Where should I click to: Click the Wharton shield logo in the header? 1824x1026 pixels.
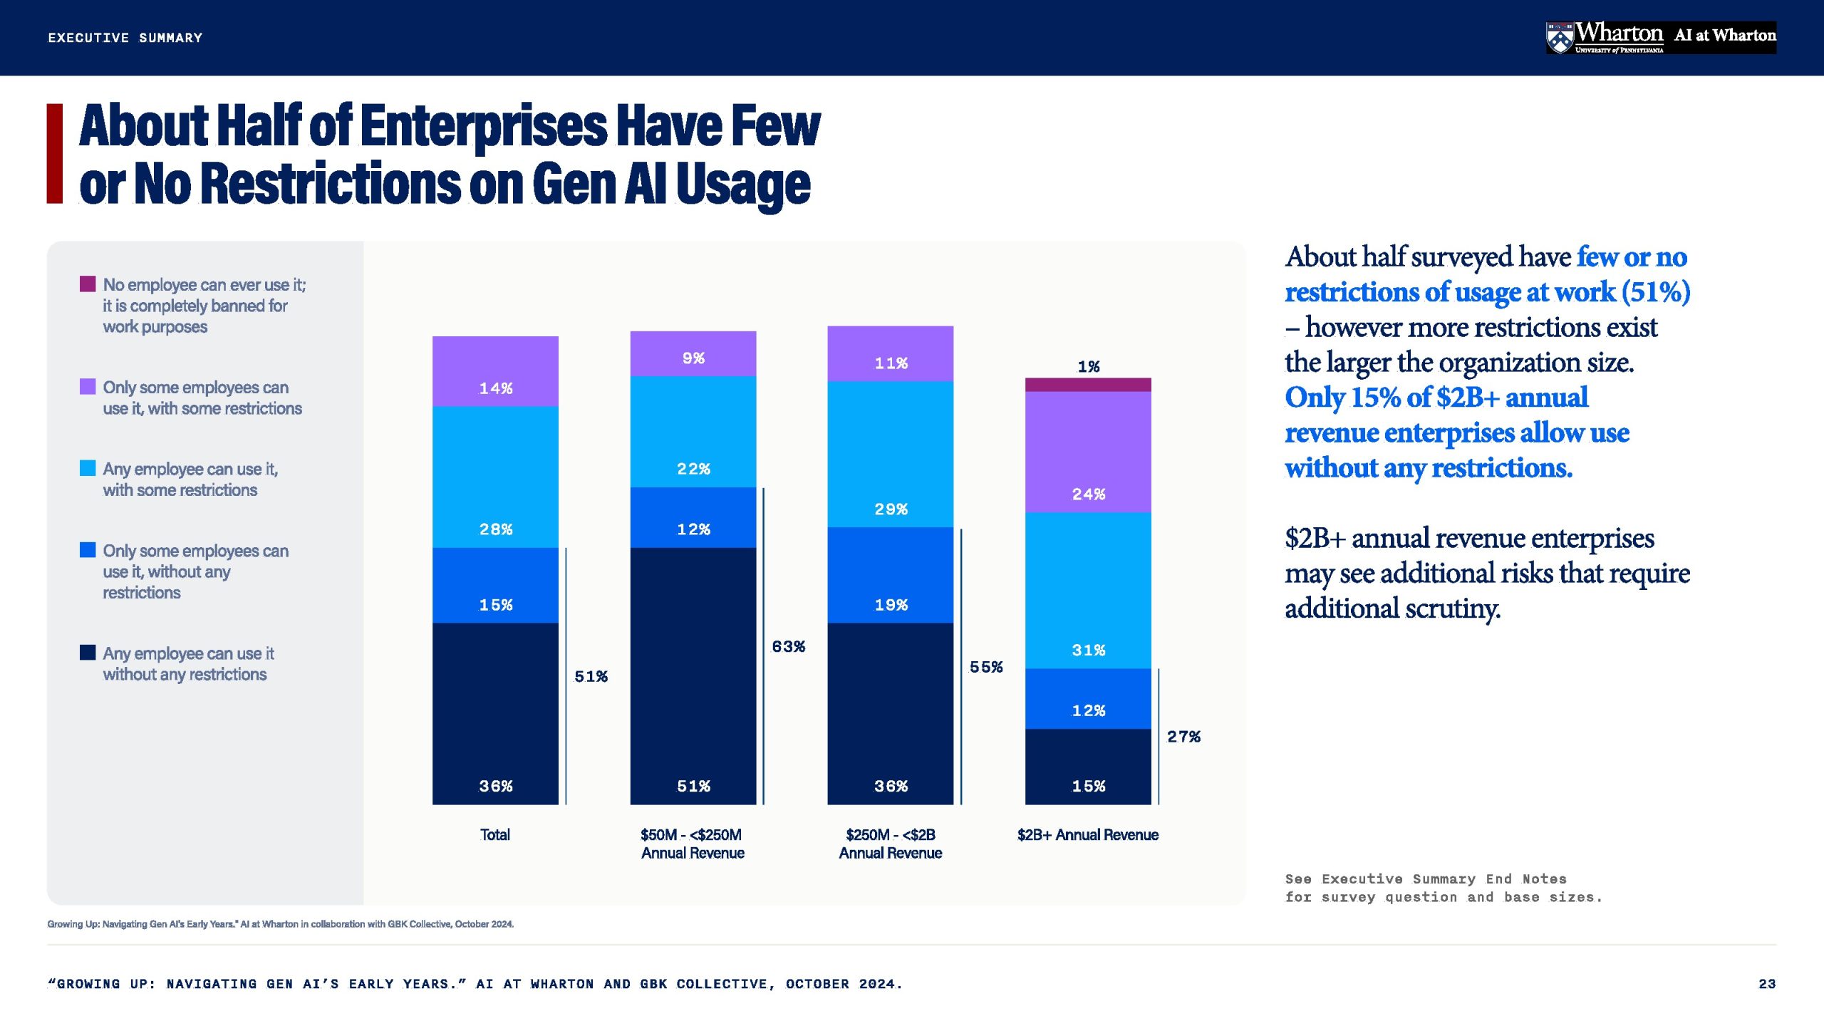(1560, 38)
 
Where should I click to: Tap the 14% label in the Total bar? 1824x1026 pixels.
(496, 388)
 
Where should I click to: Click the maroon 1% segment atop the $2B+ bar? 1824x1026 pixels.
(1088, 385)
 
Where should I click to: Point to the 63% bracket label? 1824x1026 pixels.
(789, 646)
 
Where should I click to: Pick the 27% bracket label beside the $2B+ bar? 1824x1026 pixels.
(1183, 736)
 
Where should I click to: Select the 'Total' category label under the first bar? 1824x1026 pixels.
(495, 834)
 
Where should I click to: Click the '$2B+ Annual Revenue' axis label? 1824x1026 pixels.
(1088, 834)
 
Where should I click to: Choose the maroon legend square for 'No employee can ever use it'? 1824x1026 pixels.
(88, 284)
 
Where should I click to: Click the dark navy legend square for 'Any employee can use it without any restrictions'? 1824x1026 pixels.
(88, 652)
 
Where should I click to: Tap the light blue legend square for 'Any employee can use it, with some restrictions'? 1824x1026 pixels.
(88, 468)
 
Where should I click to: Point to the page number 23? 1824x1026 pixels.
(1767, 984)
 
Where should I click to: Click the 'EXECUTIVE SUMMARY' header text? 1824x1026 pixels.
(125, 38)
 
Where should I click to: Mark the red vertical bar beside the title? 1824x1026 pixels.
(55, 154)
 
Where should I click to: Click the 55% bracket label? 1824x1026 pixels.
(986, 667)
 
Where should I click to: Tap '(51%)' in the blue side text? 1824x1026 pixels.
(1656, 292)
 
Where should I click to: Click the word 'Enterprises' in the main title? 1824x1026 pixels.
(484, 126)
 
